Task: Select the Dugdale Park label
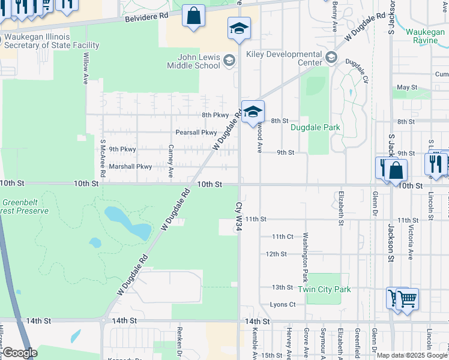click(315, 127)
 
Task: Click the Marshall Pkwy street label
click(130, 166)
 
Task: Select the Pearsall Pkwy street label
click(196, 132)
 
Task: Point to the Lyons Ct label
click(283, 304)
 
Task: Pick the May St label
click(406, 87)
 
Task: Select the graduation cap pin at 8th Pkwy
click(253, 112)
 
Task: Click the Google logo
click(19, 353)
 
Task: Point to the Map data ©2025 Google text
click(412, 355)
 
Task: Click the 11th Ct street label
click(282, 236)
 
